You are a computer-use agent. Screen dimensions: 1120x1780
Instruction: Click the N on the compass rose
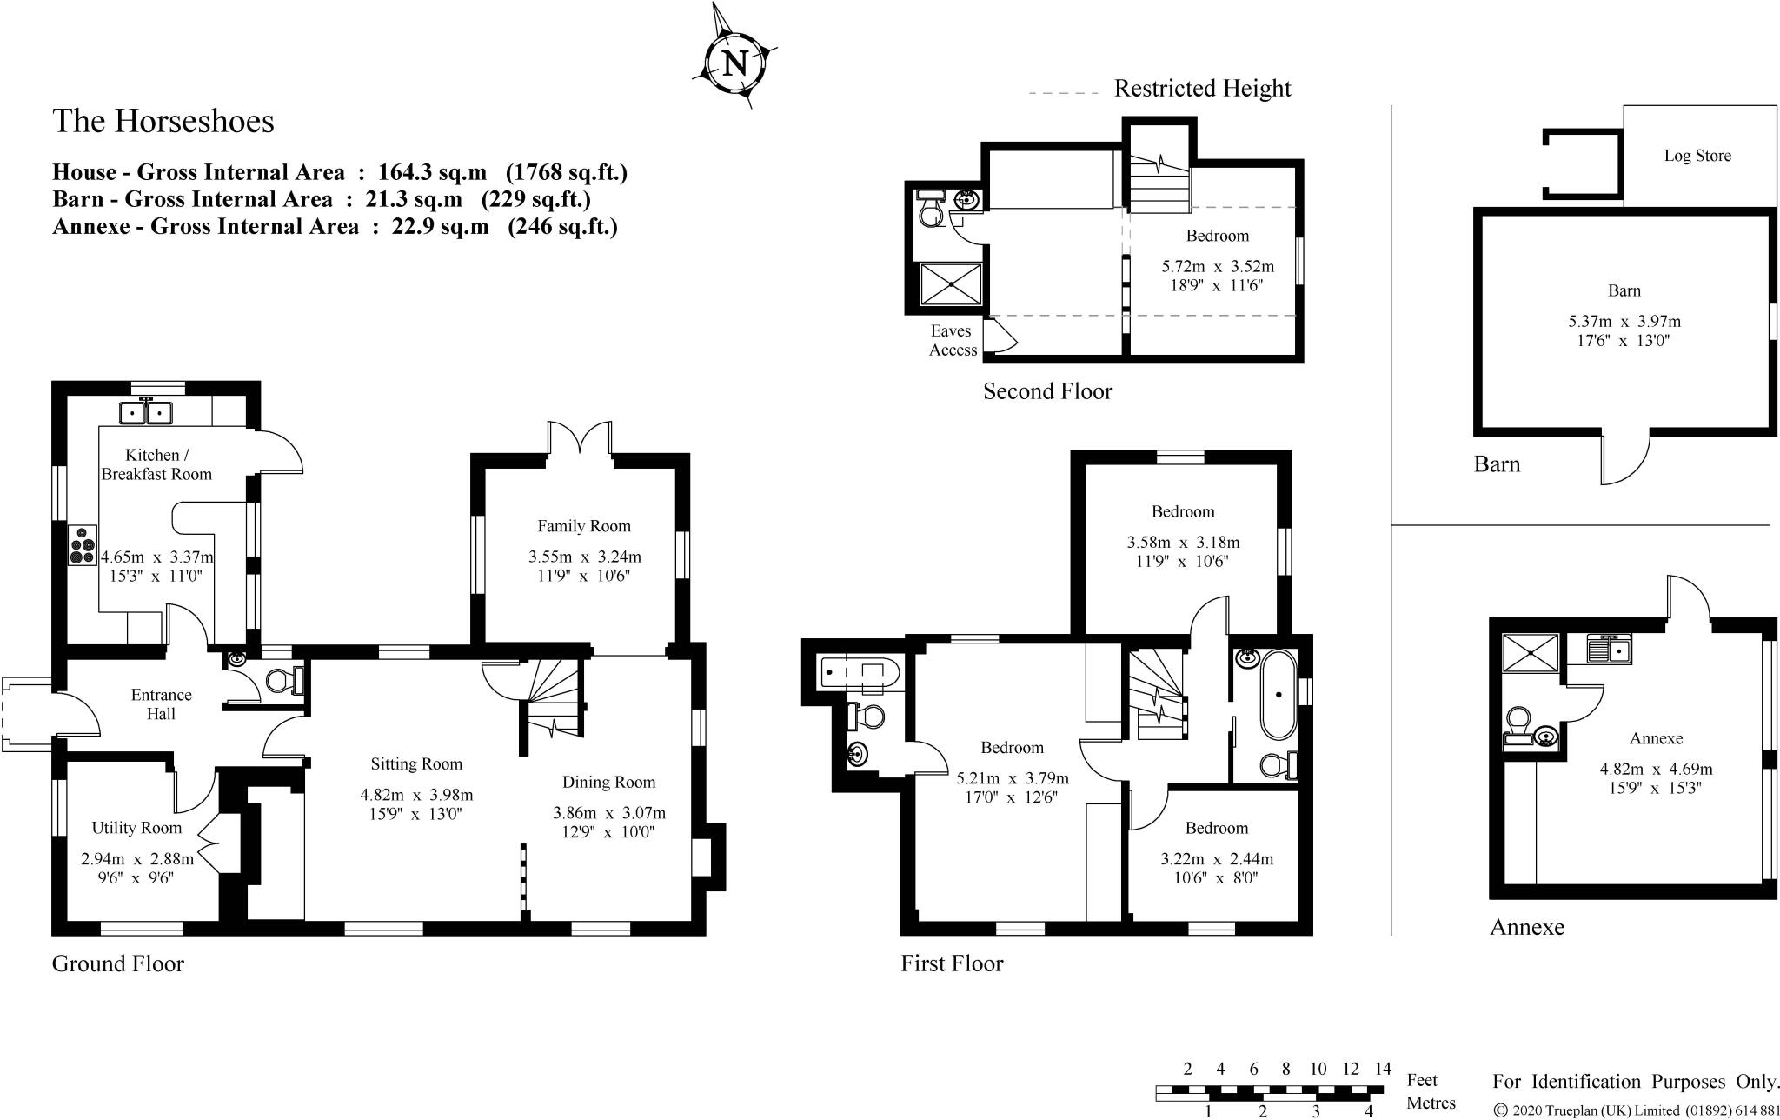[735, 63]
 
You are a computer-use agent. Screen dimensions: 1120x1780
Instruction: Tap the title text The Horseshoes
[163, 121]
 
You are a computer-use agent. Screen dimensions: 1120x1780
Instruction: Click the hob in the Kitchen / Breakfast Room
[83, 545]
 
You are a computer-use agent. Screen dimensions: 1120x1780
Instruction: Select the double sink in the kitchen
[147, 412]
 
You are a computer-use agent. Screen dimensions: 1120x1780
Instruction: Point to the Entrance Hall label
[161, 704]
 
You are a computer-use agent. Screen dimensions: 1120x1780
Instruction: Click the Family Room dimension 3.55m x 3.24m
[584, 557]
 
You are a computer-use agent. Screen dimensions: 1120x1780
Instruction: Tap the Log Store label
[1697, 156]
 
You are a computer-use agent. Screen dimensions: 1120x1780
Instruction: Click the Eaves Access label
[953, 341]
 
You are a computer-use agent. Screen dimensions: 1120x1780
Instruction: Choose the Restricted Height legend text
[1202, 89]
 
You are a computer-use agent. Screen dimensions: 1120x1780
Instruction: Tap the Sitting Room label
[416, 764]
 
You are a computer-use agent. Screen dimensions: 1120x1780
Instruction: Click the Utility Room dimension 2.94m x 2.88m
[137, 859]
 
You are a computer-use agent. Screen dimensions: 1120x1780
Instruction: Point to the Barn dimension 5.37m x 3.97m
[1624, 321]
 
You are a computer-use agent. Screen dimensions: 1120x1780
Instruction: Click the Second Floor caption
[1047, 391]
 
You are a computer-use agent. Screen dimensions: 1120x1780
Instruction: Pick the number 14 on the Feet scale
[1382, 1069]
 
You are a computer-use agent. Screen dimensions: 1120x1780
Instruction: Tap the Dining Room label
[608, 782]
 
